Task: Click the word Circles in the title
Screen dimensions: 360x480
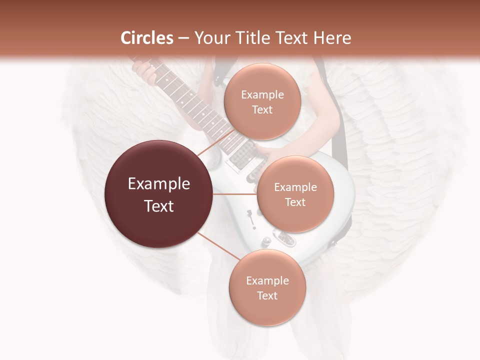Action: click(146, 38)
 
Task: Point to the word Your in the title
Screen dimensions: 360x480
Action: click(212, 38)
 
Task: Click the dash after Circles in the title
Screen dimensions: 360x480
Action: click(183, 38)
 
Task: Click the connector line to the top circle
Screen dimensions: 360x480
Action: click(216, 144)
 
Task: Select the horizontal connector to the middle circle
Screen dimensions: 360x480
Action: click(235, 194)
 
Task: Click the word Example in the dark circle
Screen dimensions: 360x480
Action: click(159, 184)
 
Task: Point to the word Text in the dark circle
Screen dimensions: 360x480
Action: click(159, 206)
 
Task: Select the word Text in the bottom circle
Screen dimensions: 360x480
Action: click(267, 295)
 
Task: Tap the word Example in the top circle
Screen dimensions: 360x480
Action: click(262, 94)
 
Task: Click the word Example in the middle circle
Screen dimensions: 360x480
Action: click(295, 187)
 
